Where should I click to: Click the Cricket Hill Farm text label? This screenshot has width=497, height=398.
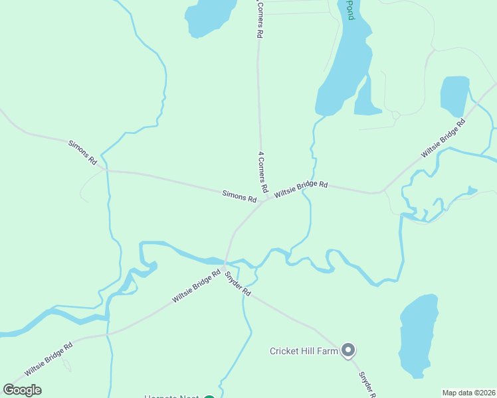click(x=304, y=350)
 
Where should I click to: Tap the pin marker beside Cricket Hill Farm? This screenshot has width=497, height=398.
click(x=348, y=350)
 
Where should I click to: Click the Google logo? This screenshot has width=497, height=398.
click(x=23, y=390)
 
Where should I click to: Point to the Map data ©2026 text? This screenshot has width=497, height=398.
click(x=468, y=393)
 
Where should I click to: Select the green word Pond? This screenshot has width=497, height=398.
click(x=350, y=10)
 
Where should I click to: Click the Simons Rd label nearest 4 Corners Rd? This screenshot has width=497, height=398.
click(x=239, y=196)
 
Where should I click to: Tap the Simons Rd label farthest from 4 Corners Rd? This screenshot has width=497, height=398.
click(x=83, y=153)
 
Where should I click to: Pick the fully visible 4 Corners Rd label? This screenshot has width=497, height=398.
click(x=263, y=172)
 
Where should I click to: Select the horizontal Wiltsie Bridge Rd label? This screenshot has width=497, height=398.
click(x=301, y=188)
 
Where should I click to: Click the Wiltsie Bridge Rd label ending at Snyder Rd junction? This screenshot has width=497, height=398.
click(x=196, y=286)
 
